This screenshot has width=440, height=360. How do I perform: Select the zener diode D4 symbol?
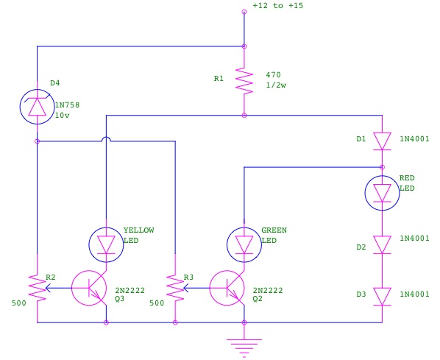(x=38, y=107)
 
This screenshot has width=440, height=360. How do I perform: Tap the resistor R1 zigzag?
(x=244, y=80)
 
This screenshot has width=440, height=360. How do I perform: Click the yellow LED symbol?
(x=106, y=245)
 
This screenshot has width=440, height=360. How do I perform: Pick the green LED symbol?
(x=244, y=245)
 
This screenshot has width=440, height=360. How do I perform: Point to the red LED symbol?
(x=382, y=193)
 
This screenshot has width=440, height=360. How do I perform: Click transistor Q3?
(x=89, y=288)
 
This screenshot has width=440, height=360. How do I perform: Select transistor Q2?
(x=227, y=288)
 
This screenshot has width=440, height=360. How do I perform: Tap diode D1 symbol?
(x=382, y=141)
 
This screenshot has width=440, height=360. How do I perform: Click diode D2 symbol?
(x=382, y=245)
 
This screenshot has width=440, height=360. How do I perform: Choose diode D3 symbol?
(x=382, y=297)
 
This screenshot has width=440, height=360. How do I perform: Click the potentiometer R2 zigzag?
(x=38, y=288)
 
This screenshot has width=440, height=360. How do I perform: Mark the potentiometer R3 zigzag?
(x=175, y=288)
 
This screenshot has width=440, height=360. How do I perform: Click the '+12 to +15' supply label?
(x=278, y=6)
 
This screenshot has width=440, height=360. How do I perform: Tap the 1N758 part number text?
(x=68, y=105)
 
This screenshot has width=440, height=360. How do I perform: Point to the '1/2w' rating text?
(x=276, y=85)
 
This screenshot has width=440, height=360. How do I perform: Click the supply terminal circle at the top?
(x=244, y=12)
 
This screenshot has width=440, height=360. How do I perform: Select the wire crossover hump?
(x=106, y=139)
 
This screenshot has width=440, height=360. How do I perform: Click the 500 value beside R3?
(x=157, y=303)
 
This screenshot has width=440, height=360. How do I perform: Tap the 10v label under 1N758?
(x=63, y=115)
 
